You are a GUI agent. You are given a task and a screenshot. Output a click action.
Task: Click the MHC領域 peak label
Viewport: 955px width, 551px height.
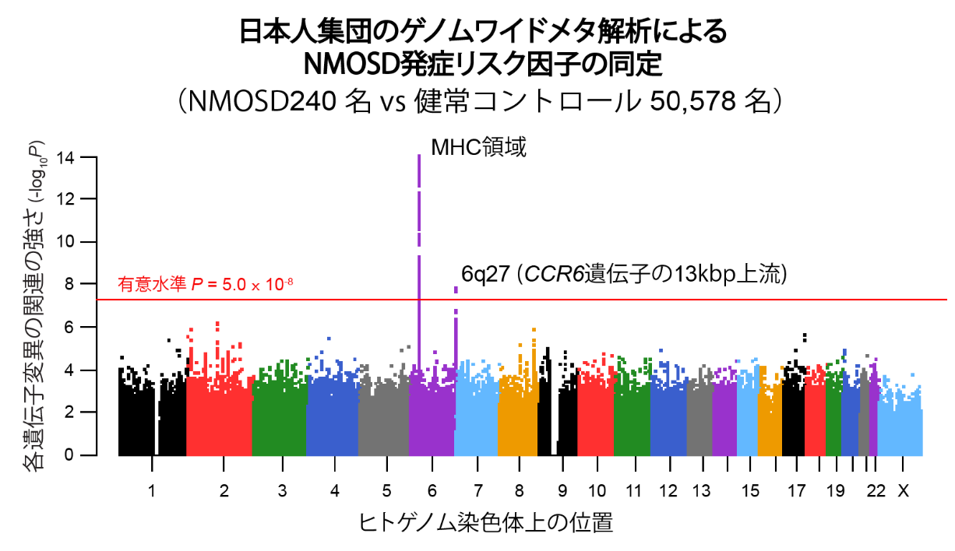click(478, 146)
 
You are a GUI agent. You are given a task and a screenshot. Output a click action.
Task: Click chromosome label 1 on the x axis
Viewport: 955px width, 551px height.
click(152, 491)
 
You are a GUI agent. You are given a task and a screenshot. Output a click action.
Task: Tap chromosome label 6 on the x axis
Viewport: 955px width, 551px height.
click(432, 491)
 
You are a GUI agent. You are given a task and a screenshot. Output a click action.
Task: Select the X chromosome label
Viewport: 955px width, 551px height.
click(903, 491)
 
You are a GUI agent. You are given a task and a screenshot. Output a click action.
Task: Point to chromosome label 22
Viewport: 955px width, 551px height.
click(876, 491)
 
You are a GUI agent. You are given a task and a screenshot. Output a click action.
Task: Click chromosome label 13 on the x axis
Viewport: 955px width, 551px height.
click(701, 491)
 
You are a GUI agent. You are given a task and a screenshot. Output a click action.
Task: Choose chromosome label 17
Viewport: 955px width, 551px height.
click(796, 491)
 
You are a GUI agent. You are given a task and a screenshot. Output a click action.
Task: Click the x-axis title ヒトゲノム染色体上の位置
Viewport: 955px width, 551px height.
click(485, 522)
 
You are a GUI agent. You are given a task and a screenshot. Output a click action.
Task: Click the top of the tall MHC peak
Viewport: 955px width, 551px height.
click(419, 156)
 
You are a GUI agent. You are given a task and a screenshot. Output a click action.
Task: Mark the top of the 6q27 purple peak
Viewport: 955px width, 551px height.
click(456, 289)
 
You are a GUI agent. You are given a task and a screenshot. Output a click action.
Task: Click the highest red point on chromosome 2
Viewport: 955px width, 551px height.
click(217, 323)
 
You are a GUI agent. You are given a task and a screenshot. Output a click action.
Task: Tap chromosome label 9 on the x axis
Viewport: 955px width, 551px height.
click(562, 491)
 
